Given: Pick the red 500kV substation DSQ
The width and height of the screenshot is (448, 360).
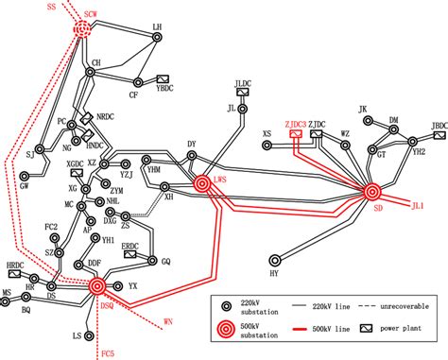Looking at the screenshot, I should pyautogui.click(x=97, y=284).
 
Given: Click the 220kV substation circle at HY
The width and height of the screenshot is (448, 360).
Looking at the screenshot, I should pyautogui.click(x=275, y=257).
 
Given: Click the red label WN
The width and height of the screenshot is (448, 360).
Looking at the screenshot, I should pyautogui.click(x=168, y=323).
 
